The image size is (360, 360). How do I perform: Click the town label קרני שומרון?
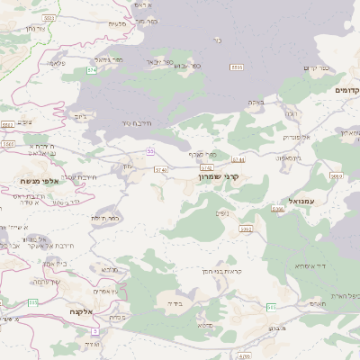pyautogui.click(x=221, y=178)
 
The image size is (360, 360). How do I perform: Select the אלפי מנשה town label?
pyautogui.click(x=40, y=181)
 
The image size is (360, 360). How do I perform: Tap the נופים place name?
pyautogui.click(x=221, y=213)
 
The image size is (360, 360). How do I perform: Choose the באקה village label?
pyautogui.click(x=256, y=103)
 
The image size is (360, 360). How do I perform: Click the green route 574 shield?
pyautogui.click(x=91, y=69)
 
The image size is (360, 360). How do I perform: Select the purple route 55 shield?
pyautogui.click(x=150, y=151)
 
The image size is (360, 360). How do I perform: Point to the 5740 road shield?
pyautogui.click(x=161, y=169)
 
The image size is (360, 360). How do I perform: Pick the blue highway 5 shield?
pyautogui.click(x=94, y=331)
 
